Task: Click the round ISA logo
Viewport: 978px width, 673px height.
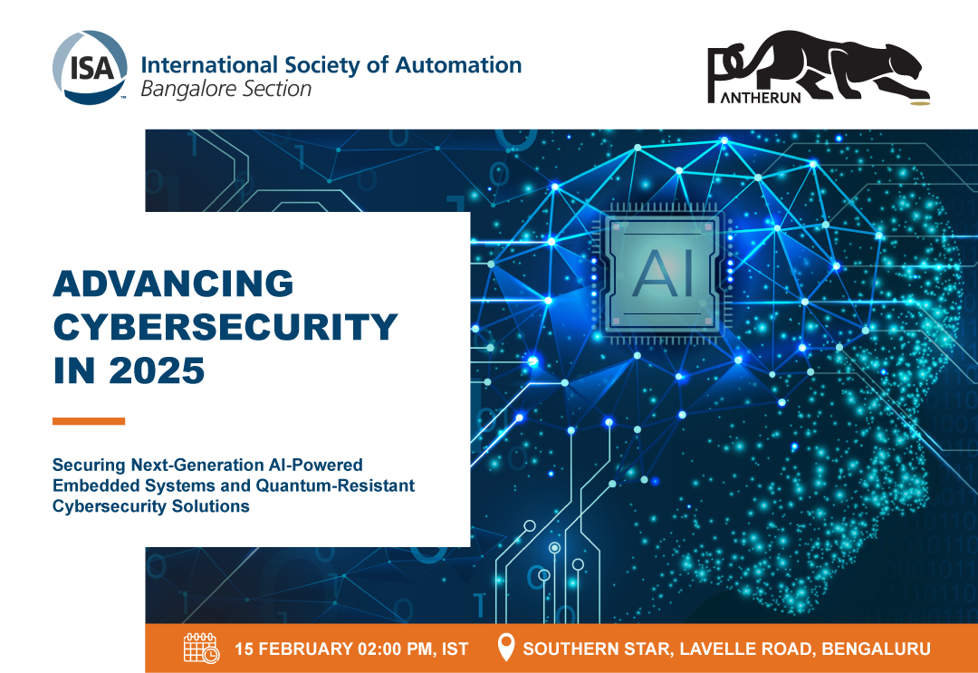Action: (90, 67)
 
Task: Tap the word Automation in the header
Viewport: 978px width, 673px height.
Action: (458, 65)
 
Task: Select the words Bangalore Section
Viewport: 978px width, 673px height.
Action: (225, 89)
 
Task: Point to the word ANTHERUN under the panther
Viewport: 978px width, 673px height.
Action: (761, 97)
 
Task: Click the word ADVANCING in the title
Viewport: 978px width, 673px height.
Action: (173, 284)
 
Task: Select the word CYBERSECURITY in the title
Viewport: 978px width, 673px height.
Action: (225, 327)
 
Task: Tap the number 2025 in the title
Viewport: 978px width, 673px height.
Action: (157, 370)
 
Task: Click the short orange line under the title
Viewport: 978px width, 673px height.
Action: (89, 421)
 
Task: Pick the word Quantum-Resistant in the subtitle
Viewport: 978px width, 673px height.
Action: (335, 486)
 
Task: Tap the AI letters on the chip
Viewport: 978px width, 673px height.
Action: (662, 274)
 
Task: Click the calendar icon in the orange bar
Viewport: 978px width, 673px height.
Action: (201, 648)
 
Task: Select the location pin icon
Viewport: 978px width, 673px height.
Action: (506, 648)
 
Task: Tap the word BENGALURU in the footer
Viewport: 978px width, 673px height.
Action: (876, 649)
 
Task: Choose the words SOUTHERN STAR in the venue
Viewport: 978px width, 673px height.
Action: (597, 649)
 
